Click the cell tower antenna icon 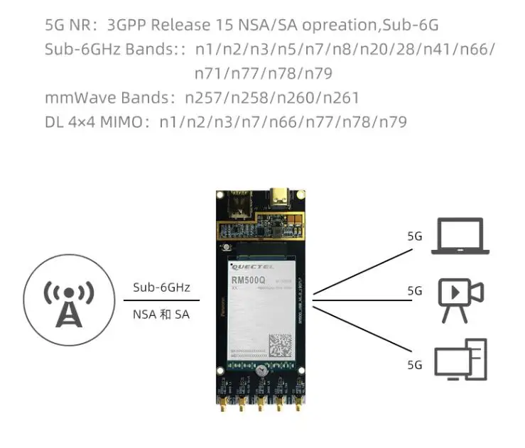click(69, 301)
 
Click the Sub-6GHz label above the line click(161, 288)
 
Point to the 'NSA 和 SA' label click(161, 314)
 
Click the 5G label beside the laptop click(415, 236)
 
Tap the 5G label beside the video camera click(415, 291)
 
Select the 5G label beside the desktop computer click(415, 365)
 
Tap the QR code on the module click(279, 346)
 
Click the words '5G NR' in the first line click(67, 26)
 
